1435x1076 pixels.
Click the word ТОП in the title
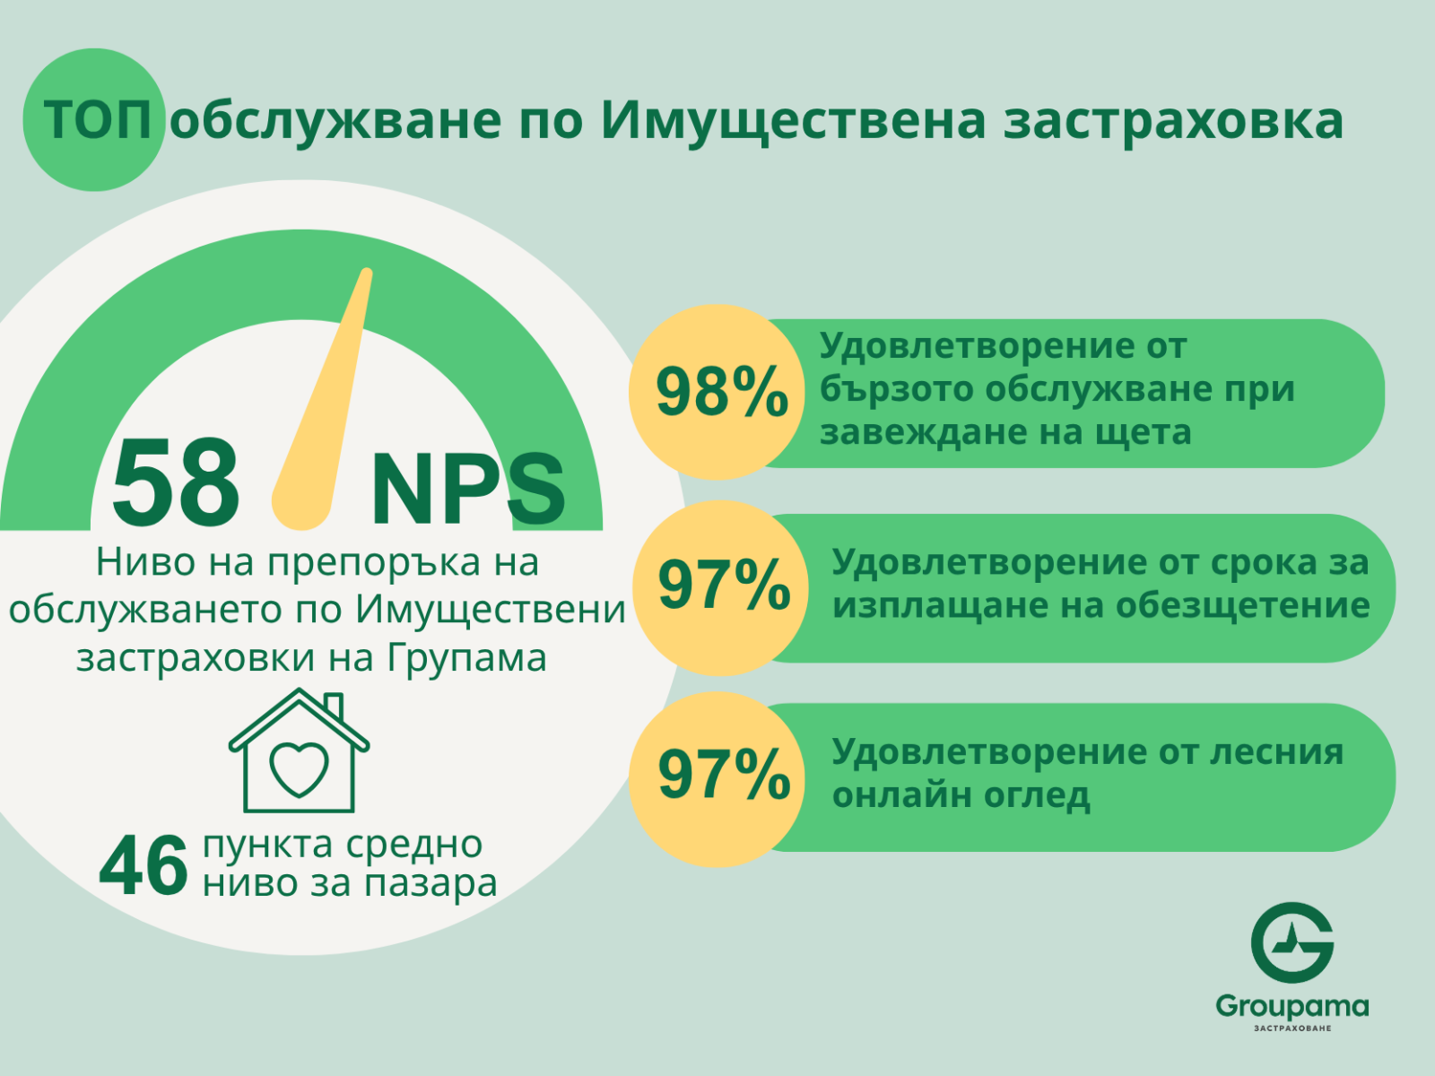98,120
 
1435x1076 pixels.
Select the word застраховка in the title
1174,122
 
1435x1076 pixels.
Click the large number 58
175,482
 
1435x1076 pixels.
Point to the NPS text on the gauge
467,488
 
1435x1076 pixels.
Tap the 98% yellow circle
717,392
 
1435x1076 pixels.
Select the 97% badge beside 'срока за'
720,587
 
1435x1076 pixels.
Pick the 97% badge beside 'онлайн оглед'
717,778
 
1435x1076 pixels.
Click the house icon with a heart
299,751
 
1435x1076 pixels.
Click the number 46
143,866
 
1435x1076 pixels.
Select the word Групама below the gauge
466,658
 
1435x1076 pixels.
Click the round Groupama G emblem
1292,942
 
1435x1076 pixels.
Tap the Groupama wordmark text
1292,1007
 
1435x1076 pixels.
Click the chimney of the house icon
334,707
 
